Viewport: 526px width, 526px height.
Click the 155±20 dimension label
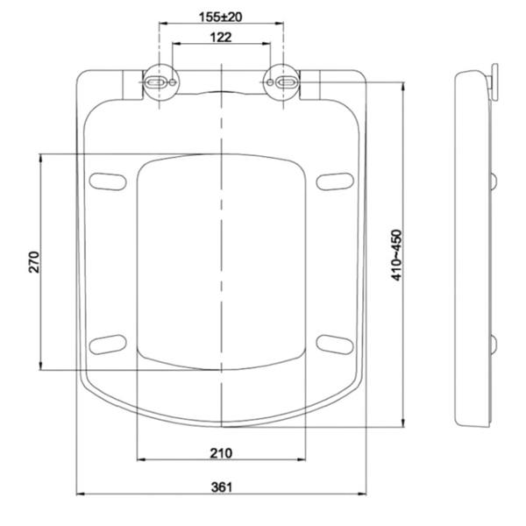click(x=220, y=17)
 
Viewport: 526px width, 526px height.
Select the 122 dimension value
click(x=221, y=37)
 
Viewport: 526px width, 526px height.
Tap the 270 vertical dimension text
click(x=34, y=262)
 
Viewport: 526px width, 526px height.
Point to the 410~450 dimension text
click(x=396, y=255)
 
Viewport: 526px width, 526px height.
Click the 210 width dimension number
click(x=221, y=453)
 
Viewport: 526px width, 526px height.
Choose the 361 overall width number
click(x=222, y=487)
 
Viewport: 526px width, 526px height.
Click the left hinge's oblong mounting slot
click(x=155, y=82)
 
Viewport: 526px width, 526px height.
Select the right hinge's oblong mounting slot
click(x=288, y=82)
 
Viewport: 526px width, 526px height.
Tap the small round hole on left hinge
click(x=173, y=82)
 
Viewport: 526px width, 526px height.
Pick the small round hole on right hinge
click(x=270, y=82)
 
